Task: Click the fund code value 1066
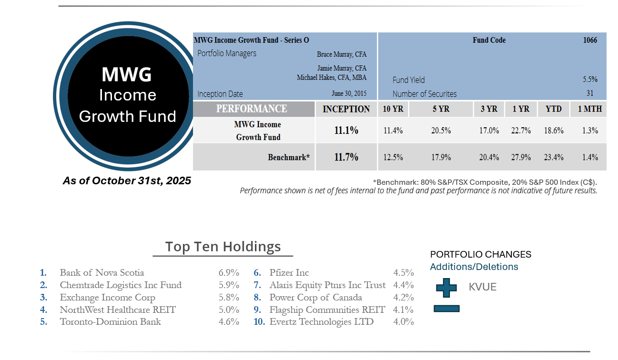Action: pos(590,40)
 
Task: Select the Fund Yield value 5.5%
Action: pos(590,80)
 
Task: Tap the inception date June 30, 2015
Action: pos(349,94)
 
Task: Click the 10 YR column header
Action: pos(393,109)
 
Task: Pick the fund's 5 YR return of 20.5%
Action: pos(441,130)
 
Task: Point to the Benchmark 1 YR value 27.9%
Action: pos(521,157)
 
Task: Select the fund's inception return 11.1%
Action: pos(346,130)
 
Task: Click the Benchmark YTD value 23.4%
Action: pos(554,157)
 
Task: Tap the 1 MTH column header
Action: pos(590,109)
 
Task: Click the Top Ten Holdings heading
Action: pos(223,247)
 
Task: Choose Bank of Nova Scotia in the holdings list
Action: pos(101,273)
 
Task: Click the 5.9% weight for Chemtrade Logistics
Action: pos(229,285)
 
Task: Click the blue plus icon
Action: pos(446,287)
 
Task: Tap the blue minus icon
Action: pos(446,309)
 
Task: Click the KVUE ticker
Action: pos(483,287)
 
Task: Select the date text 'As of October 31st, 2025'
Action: pos(127,181)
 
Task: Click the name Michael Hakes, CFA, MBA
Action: pos(332,78)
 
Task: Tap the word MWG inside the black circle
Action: pos(127,74)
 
